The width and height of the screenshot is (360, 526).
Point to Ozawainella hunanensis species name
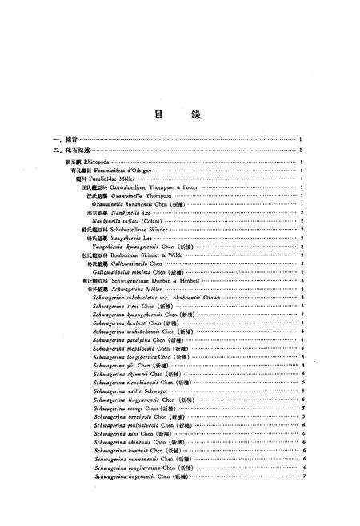coord(128,204)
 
